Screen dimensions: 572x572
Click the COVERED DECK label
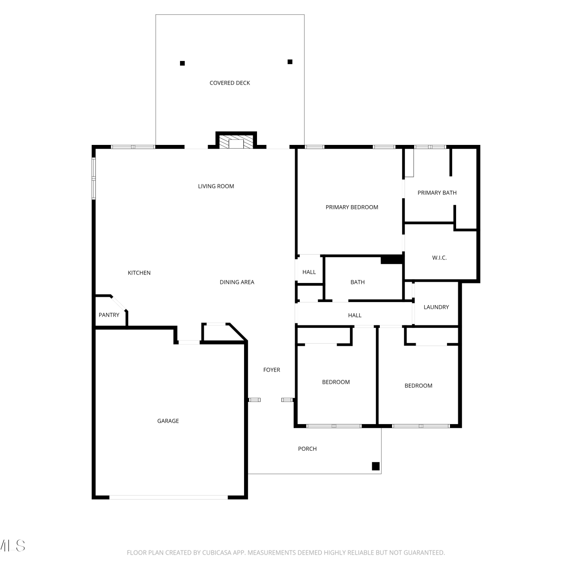click(x=230, y=83)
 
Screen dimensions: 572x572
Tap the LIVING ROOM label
click(x=216, y=186)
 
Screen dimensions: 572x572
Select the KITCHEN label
click(x=139, y=273)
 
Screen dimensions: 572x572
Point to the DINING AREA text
click(x=237, y=282)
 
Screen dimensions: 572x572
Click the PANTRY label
click(x=109, y=315)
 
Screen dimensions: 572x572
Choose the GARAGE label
click(x=168, y=421)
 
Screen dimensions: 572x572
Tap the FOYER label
click(x=272, y=370)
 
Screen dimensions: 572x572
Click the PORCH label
click(x=307, y=449)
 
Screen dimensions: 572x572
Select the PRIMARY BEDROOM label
click(x=352, y=207)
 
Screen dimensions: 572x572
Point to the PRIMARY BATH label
click(x=437, y=193)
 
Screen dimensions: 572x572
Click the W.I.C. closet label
click(x=439, y=258)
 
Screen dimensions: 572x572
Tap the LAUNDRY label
click(x=436, y=307)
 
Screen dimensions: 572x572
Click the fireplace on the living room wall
click(x=236, y=141)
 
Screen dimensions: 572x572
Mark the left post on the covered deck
click(x=182, y=63)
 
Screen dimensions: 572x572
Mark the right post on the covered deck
click(x=290, y=62)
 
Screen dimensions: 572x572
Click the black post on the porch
click(x=376, y=466)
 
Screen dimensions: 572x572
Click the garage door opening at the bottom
click(x=169, y=497)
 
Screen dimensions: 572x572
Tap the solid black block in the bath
click(x=392, y=260)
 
